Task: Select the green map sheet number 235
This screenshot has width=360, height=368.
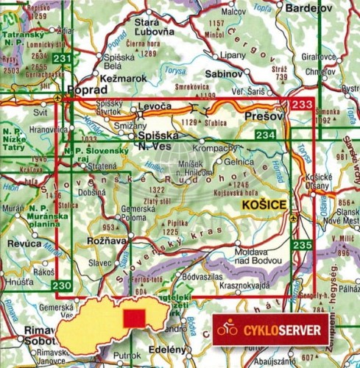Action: tap(301, 245)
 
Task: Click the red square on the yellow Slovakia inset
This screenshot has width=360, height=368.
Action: tap(134, 319)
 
